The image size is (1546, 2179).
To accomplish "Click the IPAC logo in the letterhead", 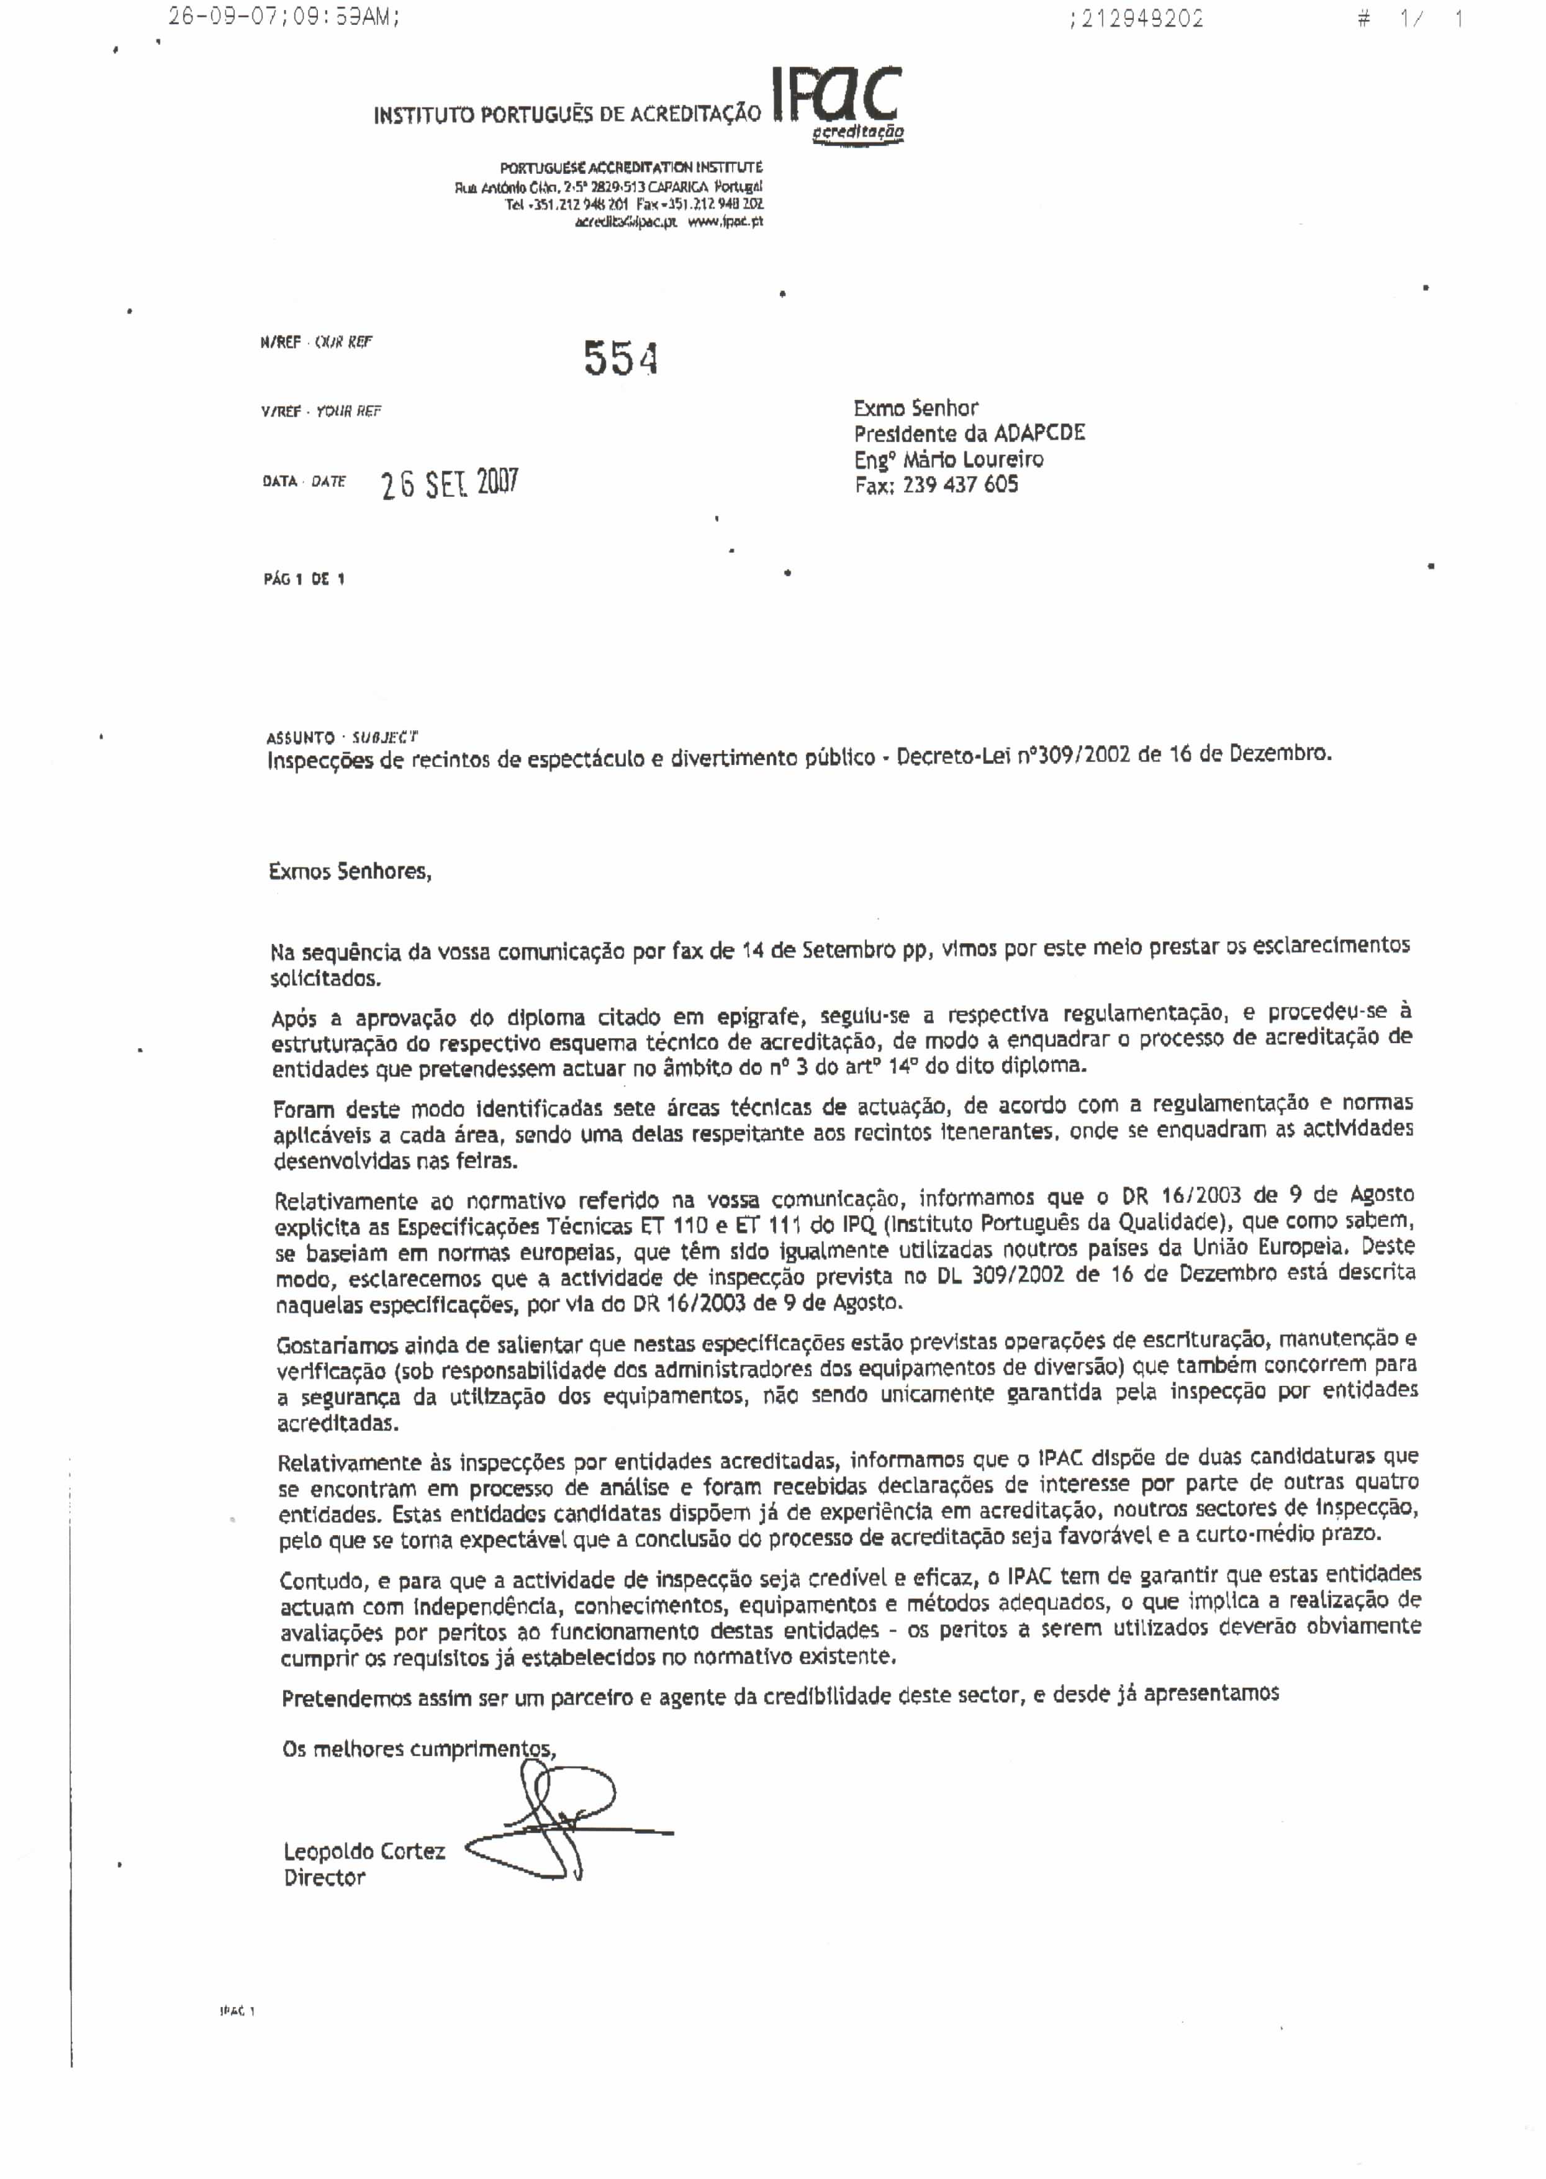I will click(x=838, y=103).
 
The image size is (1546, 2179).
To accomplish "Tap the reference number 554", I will click(x=621, y=358).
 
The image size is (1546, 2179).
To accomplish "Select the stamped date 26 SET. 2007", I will click(x=450, y=484).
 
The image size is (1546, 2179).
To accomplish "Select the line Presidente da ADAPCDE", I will click(x=969, y=434).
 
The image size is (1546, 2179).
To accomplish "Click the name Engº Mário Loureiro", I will click(x=948, y=460).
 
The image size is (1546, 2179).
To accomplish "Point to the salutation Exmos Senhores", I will click(x=350, y=871).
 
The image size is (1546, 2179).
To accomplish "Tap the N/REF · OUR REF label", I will click(x=315, y=342).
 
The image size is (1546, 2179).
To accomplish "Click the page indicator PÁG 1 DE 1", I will click(x=304, y=579).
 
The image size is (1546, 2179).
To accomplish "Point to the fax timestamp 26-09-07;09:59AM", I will click(x=283, y=17).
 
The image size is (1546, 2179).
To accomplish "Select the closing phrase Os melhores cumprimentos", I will click(x=419, y=1749).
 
